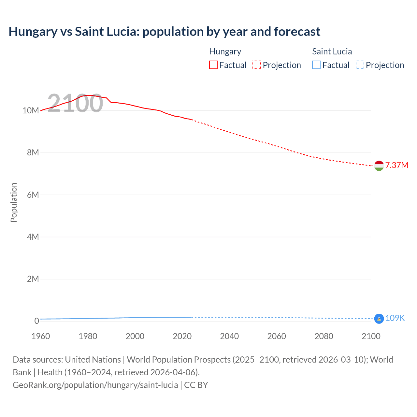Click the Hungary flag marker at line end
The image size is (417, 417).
point(379,166)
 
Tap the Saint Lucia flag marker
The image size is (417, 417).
point(379,319)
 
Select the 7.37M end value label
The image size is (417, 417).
point(396,165)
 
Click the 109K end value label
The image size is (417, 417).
point(395,318)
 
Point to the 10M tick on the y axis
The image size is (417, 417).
point(31,110)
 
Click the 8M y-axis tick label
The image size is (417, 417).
point(33,152)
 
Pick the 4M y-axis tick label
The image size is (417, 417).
point(33,237)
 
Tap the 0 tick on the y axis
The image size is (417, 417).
point(36,321)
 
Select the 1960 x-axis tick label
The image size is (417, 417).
point(41,336)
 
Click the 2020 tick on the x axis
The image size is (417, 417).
point(182,336)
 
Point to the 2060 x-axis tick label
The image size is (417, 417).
point(277,336)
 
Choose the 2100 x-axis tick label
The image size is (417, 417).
point(371,336)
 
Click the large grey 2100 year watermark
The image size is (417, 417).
point(75,103)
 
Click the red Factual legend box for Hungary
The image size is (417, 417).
point(213,65)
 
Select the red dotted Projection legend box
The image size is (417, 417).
point(257,65)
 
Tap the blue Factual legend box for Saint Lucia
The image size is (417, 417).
point(316,65)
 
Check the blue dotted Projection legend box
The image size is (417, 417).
point(360,65)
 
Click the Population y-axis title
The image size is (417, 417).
point(14,202)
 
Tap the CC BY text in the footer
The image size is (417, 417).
point(196,385)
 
